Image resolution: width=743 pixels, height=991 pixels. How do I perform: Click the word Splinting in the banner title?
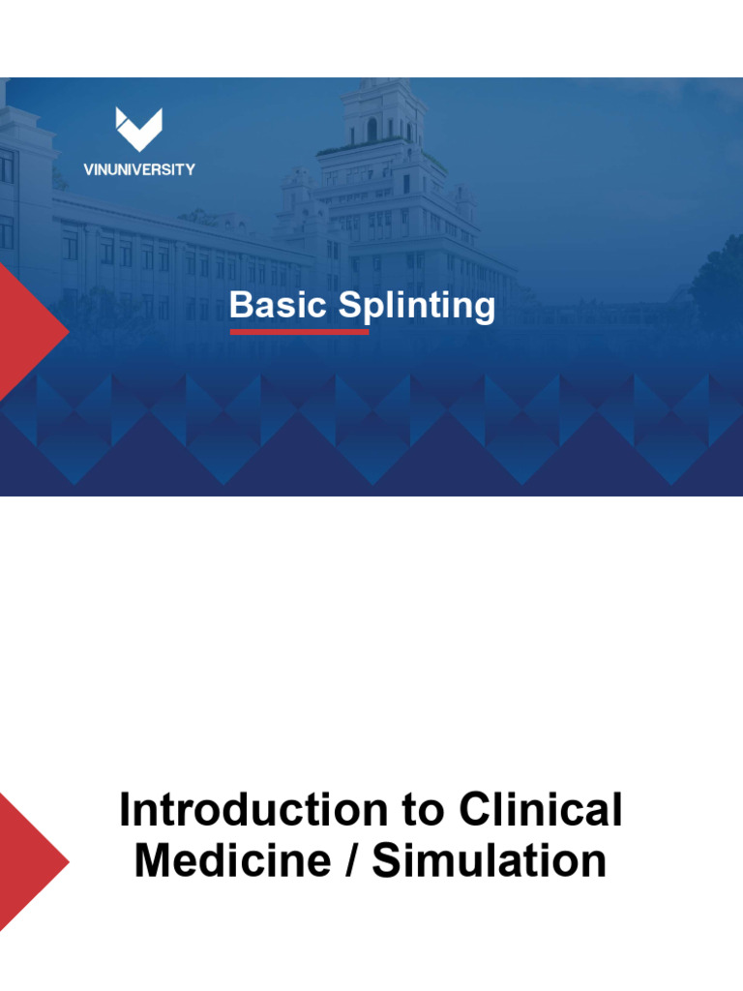click(x=417, y=308)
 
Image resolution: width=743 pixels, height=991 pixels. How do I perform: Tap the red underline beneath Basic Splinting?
click(x=299, y=331)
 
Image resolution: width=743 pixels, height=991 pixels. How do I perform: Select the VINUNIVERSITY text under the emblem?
click(x=138, y=169)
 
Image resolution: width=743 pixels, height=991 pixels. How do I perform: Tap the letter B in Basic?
click(x=241, y=306)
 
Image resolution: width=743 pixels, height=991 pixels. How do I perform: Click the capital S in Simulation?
click(x=385, y=860)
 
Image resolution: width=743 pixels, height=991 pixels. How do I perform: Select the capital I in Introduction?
click(x=125, y=810)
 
